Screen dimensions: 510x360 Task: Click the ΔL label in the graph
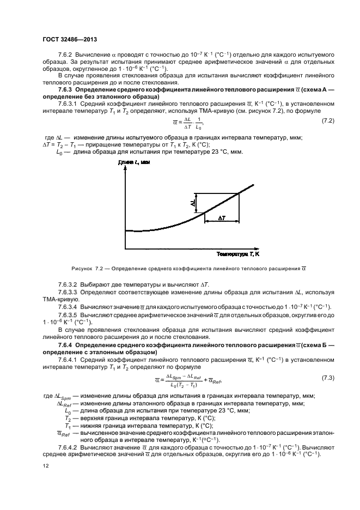click(x=192, y=203)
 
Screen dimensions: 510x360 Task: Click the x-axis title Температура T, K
click(x=238, y=254)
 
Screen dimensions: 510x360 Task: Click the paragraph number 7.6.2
click(x=65, y=56)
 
